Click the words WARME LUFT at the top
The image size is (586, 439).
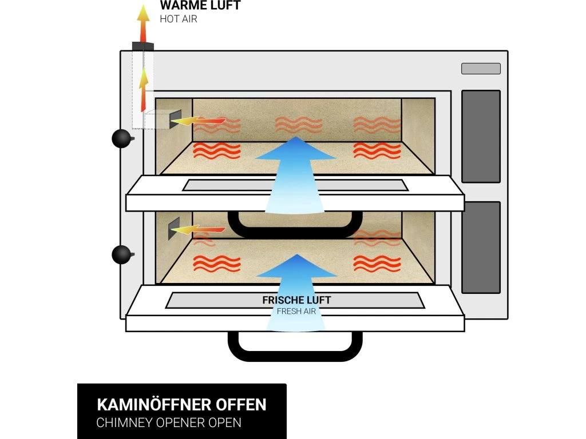(x=200, y=6)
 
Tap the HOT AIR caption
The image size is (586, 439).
(x=179, y=18)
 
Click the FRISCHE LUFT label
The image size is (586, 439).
(x=296, y=300)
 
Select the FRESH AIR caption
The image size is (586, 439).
(x=296, y=312)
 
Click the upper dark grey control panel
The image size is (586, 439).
(x=481, y=136)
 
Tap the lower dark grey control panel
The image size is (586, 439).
(x=481, y=247)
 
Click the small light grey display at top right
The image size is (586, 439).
(x=481, y=69)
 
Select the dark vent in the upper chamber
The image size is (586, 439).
(x=175, y=119)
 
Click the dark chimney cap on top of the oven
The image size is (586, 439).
(x=142, y=46)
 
